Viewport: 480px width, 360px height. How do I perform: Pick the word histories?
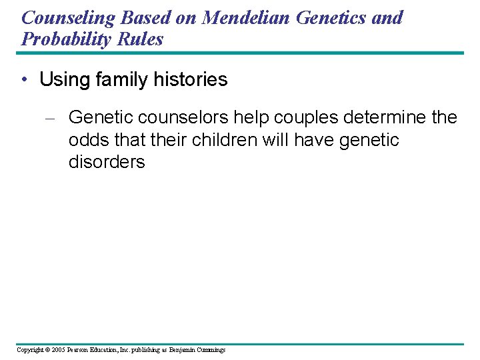tap(193, 80)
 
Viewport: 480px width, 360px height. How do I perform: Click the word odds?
tap(90, 140)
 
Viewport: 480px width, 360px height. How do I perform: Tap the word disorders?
tap(107, 162)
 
